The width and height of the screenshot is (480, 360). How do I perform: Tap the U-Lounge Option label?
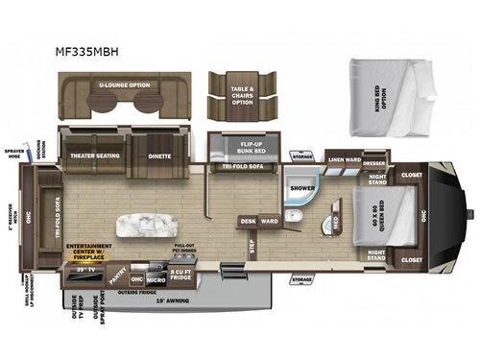point(125,84)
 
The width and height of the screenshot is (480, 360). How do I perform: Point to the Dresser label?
point(375,162)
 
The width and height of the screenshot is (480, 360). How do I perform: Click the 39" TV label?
point(82,270)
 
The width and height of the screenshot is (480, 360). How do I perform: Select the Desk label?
point(248,221)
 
